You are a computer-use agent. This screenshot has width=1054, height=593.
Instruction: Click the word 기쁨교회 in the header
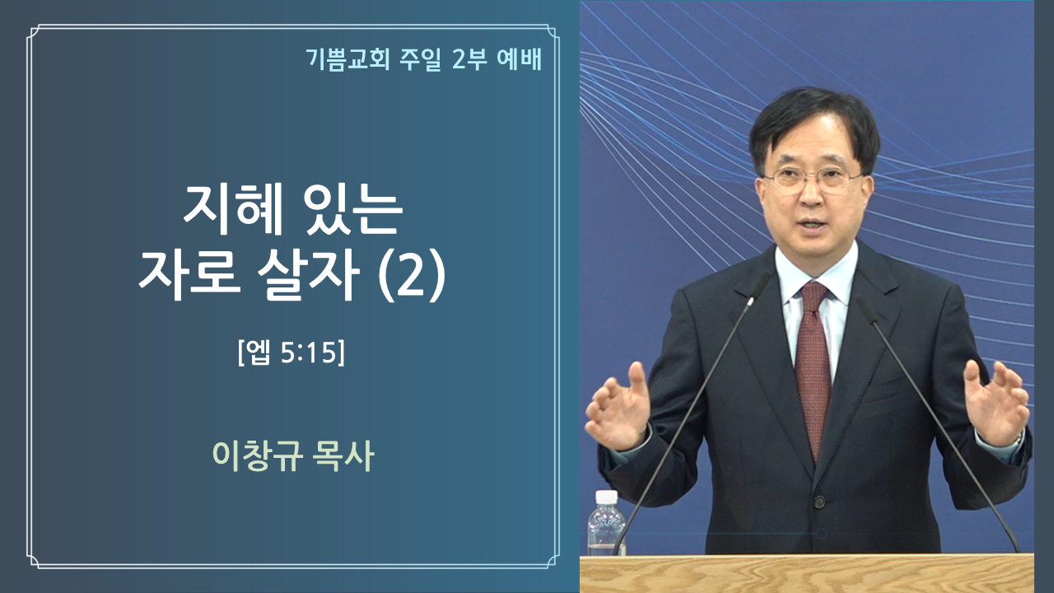pos(347,59)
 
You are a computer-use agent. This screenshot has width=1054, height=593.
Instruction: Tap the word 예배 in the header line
pos(519,59)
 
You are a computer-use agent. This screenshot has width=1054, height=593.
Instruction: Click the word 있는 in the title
pos(353,209)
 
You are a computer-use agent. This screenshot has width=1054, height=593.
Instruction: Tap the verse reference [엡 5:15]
pos(291,353)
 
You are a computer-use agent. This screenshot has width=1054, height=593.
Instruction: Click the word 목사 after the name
pos(344,455)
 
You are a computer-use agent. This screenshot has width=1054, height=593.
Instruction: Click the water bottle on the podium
pos(606,522)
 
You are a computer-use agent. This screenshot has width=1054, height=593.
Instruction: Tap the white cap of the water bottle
pos(607,497)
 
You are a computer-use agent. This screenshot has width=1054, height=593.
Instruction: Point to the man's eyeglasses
pos(813,180)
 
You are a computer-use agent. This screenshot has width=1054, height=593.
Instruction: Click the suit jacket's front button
pos(819,502)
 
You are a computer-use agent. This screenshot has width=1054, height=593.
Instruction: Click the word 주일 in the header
pos(420,59)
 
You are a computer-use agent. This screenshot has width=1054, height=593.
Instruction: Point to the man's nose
pos(811,197)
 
